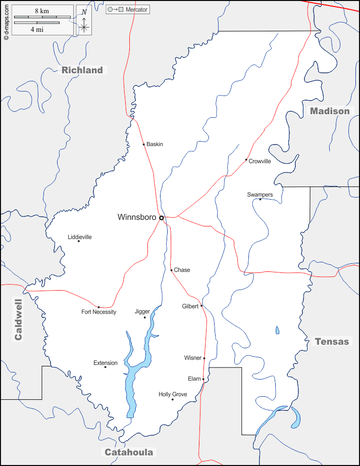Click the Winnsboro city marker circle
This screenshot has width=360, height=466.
(x=162, y=218)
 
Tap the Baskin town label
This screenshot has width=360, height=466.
(x=155, y=145)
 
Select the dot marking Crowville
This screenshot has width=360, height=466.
(x=246, y=160)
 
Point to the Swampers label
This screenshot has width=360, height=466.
(x=260, y=195)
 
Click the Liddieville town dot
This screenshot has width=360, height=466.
(x=79, y=241)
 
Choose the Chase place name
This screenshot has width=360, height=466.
(x=182, y=270)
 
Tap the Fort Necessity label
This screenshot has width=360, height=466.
(x=99, y=312)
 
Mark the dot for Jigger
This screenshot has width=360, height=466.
(x=145, y=317)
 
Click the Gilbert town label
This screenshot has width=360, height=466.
(x=190, y=306)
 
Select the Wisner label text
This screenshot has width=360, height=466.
(x=192, y=358)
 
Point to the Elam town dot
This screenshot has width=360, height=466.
(x=203, y=379)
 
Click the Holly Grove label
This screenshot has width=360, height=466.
(x=173, y=394)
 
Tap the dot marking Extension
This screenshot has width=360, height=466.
(x=106, y=367)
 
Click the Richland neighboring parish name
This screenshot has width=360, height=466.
(x=82, y=70)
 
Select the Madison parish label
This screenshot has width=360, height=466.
(x=329, y=111)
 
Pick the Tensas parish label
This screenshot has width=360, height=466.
(x=332, y=342)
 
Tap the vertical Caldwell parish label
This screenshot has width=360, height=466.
(x=18, y=319)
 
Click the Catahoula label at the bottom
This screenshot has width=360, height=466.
(x=128, y=452)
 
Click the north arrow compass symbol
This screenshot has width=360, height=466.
(x=84, y=21)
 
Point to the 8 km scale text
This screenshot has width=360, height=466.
(x=42, y=11)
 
